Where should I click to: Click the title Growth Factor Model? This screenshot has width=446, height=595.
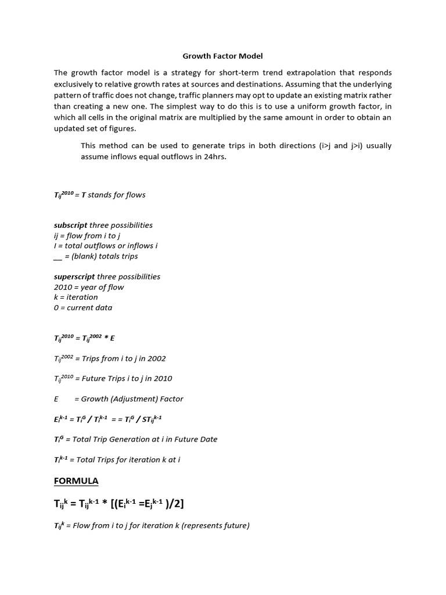[222, 56]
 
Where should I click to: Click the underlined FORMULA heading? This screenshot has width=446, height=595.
[76, 481]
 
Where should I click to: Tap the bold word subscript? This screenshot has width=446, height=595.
[70, 225]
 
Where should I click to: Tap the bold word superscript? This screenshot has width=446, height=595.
[74, 277]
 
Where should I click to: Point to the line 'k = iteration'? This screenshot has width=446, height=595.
[76, 297]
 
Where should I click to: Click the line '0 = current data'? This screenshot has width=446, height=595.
[83, 307]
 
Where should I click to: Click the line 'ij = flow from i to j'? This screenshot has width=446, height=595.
[87, 235]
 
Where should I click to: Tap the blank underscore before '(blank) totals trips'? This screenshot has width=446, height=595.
[58, 256]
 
